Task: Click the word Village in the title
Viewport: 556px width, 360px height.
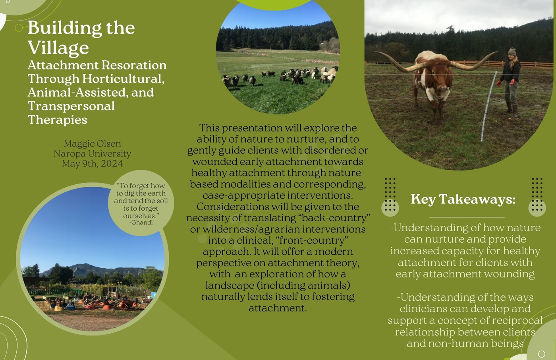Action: point(58,47)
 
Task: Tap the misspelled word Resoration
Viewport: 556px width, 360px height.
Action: point(134,65)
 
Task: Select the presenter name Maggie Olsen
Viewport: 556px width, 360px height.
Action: point(92,144)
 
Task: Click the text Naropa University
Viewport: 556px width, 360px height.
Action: point(92,154)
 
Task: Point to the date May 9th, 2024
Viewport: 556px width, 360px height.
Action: point(92,164)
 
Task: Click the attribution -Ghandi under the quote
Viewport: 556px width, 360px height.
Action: point(141,223)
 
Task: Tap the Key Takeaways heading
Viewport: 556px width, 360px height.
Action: point(463,199)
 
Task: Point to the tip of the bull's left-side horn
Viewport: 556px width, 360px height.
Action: point(375,52)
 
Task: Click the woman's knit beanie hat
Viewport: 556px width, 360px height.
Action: point(512,52)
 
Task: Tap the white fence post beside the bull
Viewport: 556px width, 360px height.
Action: point(488,107)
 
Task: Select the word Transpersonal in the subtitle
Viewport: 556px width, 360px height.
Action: point(71,106)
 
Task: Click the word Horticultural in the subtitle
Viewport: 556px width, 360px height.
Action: point(124,79)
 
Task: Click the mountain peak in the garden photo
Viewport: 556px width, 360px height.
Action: point(84,265)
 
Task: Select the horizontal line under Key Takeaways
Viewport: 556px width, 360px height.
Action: point(467,217)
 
